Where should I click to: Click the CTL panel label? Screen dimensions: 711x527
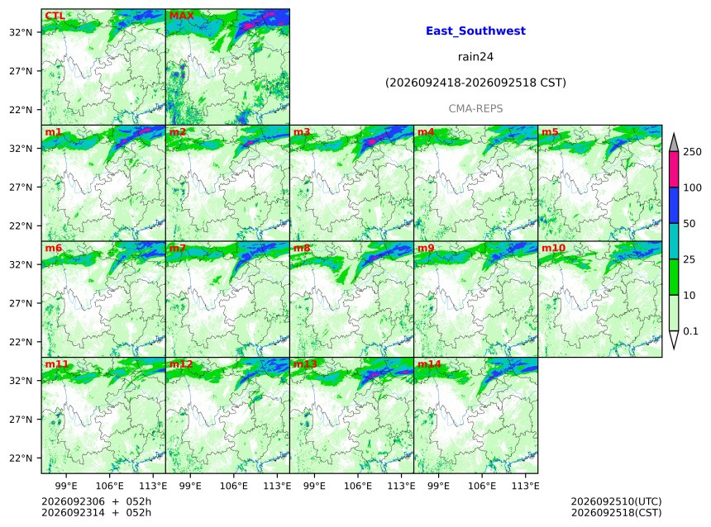pyautogui.click(x=55, y=16)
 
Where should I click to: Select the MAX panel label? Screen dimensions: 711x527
pyautogui.click(x=181, y=16)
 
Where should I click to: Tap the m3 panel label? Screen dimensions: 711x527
pyautogui.click(x=302, y=132)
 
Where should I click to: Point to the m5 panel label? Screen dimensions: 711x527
pyautogui.click(x=550, y=132)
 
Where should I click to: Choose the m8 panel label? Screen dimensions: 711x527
pyautogui.click(x=302, y=248)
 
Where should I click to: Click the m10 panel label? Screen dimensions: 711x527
pyautogui.click(x=553, y=248)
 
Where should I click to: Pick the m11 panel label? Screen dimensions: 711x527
pyautogui.click(x=57, y=364)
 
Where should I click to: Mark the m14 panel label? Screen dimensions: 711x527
pyautogui.click(x=429, y=364)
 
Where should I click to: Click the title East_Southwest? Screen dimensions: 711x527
pyautogui.click(x=475, y=31)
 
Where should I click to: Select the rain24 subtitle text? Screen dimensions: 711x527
pyautogui.click(x=475, y=57)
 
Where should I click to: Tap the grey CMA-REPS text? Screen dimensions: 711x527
pyautogui.click(x=475, y=109)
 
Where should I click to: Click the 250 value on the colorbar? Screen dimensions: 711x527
pyautogui.click(x=693, y=152)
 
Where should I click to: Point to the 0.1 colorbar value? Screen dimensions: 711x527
pyautogui.click(x=690, y=331)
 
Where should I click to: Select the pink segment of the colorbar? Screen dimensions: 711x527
pyautogui.click(x=674, y=169)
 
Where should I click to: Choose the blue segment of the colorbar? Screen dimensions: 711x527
pyautogui.click(x=674, y=205)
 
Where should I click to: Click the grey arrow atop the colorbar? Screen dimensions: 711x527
pyautogui.click(x=674, y=143)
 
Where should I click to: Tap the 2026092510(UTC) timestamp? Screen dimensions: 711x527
pyautogui.click(x=616, y=501)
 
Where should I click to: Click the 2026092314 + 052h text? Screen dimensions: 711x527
pyautogui.click(x=96, y=512)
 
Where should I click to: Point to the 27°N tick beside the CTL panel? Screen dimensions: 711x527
pyautogui.click(x=21, y=71)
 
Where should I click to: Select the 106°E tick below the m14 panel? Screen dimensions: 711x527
pyautogui.click(x=481, y=486)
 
